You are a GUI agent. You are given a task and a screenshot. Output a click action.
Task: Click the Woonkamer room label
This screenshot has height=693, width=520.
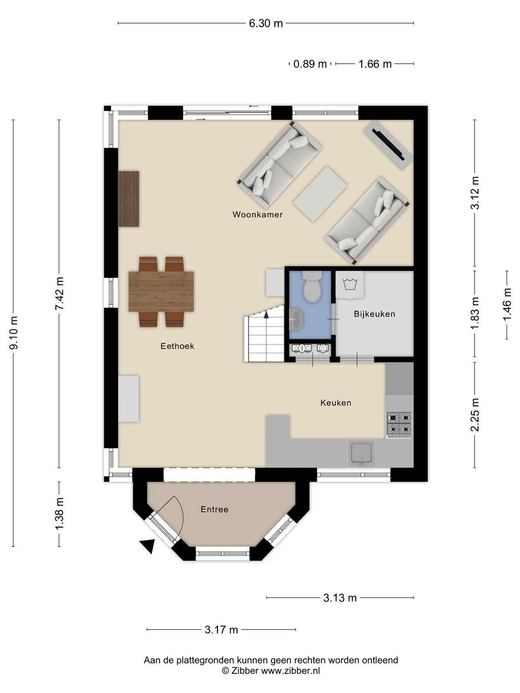[257, 215]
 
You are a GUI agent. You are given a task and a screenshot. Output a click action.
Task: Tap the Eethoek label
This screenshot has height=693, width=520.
[177, 346]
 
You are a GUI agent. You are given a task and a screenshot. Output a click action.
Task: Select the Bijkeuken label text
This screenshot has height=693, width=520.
[374, 314]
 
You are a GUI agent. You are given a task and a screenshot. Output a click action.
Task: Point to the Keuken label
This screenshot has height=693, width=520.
[335, 402]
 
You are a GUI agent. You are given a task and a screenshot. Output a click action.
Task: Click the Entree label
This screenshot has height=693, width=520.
[214, 509]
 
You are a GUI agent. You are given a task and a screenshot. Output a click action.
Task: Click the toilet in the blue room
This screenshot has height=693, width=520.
[312, 286]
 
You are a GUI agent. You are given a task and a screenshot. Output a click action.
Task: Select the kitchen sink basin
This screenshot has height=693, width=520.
[361, 453]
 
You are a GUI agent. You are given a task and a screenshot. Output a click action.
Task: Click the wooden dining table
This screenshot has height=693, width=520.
[161, 291]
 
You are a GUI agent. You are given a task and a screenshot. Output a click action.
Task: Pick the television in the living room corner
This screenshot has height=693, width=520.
[388, 145]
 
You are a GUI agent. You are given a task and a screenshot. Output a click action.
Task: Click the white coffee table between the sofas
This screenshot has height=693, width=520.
[320, 194]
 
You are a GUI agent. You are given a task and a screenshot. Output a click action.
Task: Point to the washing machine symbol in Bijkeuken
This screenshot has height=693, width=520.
[350, 285]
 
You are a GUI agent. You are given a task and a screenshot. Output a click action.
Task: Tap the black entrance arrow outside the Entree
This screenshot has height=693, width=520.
[148, 545]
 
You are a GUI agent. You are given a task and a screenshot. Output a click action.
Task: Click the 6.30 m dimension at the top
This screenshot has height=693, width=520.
[266, 23]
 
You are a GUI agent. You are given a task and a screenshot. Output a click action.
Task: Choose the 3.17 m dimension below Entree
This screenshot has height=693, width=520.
[221, 629]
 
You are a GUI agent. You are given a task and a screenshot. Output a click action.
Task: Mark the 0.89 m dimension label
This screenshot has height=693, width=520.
[310, 64]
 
